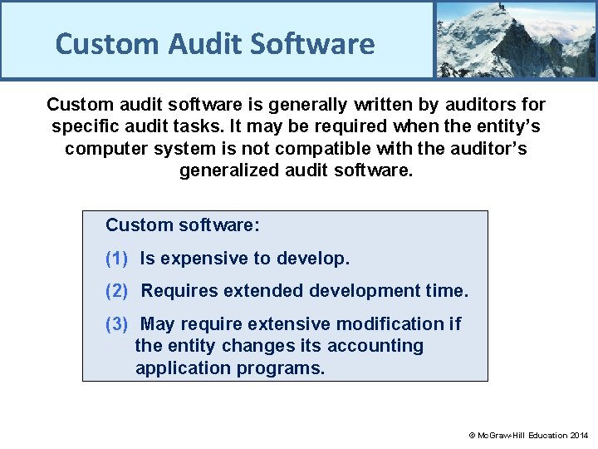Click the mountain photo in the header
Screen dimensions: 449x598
[516, 39]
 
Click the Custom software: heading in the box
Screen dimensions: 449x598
[183, 225]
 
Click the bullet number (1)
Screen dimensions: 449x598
[116, 259]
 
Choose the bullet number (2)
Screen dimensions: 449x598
[116, 291]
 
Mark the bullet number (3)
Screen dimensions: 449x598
[116, 323]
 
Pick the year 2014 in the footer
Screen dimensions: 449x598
[579, 435]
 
